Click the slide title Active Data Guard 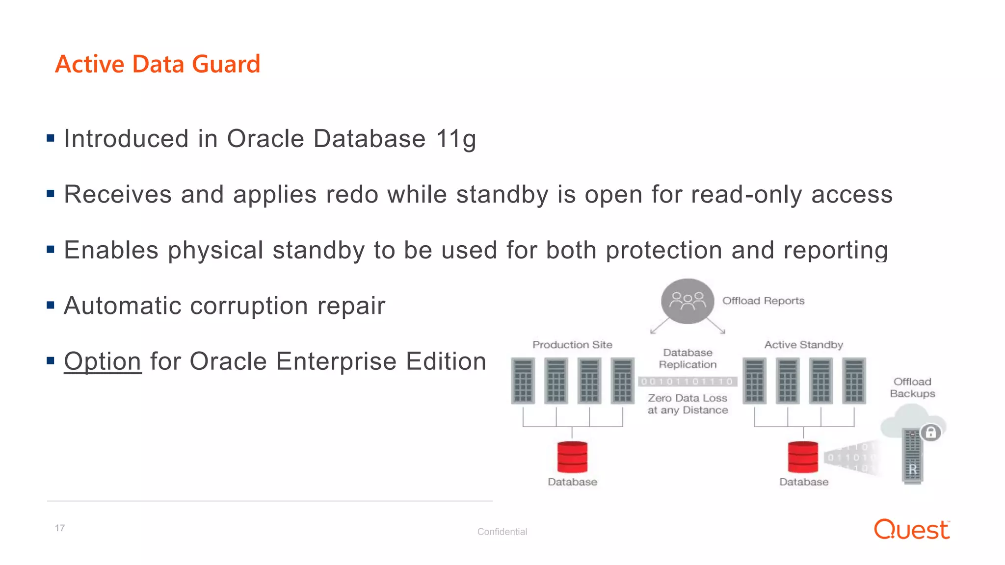(158, 64)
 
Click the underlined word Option (103, 361)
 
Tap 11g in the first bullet (456, 139)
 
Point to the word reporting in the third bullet (835, 251)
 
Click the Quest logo (911, 530)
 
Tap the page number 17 (60, 528)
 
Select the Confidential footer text (502, 532)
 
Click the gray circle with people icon (687, 301)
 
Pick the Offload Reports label (763, 301)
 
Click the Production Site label (572, 345)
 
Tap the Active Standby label (803, 345)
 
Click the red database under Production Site (572, 457)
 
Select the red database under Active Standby (803, 457)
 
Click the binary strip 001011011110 (687, 382)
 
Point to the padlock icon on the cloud (930, 433)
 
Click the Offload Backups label (912, 387)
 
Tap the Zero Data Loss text (687, 398)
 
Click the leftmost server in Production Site (523, 381)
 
